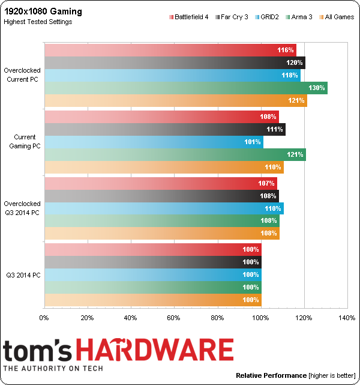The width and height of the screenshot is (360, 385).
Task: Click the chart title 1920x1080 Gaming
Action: tap(43, 11)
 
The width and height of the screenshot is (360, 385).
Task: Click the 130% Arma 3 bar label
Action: tap(317, 88)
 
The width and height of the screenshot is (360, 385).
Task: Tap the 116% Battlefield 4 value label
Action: tap(286, 50)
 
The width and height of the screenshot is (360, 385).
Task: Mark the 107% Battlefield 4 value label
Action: tap(267, 183)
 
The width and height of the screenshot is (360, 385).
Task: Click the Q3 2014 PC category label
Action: tap(22, 275)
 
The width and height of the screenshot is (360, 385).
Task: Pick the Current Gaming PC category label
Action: tap(23, 142)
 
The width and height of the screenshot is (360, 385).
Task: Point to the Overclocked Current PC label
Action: tap(22, 75)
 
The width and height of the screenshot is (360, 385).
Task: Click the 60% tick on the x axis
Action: tap(174, 318)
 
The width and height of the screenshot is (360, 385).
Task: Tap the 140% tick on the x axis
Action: tap(347, 318)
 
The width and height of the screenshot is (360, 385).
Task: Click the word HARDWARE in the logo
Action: tap(163, 350)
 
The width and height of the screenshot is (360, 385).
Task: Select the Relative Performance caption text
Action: tap(271, 375)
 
